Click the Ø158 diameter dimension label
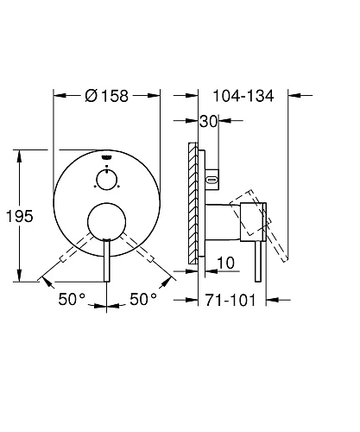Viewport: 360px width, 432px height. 106,96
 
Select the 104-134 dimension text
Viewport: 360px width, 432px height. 243,96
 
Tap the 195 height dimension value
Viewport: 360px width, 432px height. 20,216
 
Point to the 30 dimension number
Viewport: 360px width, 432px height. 209,122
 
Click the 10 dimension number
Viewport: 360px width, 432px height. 225,263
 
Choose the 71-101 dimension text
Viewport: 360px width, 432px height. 231,301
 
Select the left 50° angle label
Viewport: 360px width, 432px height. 72,299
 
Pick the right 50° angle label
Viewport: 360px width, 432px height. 143,299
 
